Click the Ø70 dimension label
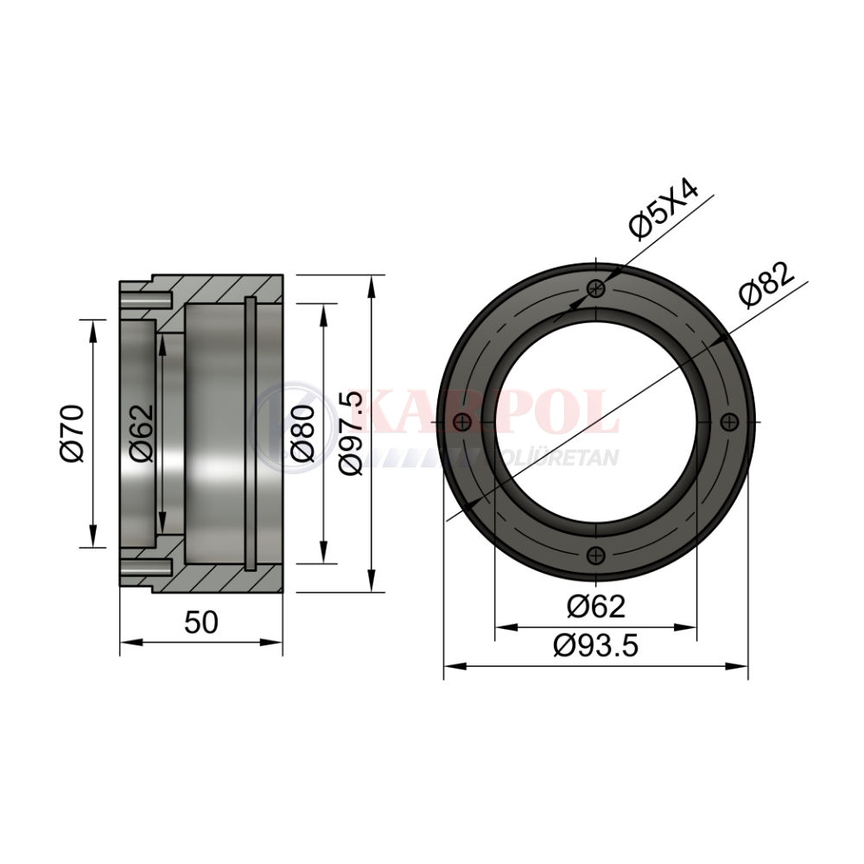tap(73, 433)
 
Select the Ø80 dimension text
tap(303, 433)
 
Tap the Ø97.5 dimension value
tap(352, 433)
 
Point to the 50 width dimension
tap(201, 623)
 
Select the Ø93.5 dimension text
tap(596, 645)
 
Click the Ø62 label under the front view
tap(596, 607)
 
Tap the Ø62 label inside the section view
tap(141, 433)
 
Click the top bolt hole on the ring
tap(596, 288)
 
